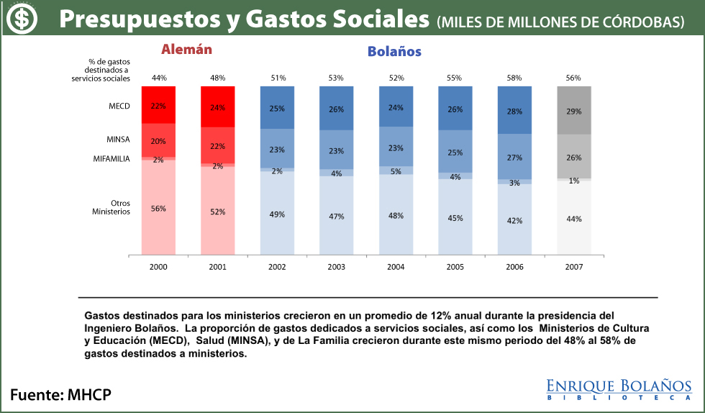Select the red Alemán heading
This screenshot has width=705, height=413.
[x=187, y=50]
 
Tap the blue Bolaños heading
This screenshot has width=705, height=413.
[x=394, y=51]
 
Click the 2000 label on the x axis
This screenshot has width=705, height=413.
[x=158, y=266]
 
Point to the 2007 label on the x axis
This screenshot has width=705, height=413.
[x=573, y=266]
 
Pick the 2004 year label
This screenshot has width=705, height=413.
[x=396, y=266]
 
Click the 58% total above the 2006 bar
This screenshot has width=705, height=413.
[x=514, y=78]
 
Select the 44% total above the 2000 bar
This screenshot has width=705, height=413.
[x=158, y=78]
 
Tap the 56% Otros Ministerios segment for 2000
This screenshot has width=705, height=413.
[x=158, y=208]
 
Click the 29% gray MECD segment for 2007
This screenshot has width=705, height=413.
[x=573, y=111]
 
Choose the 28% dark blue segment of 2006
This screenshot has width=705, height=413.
[x=514, y=111]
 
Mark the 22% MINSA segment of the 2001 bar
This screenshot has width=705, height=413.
[x=217, y=146]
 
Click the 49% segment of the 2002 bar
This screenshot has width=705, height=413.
[x=277, y=214]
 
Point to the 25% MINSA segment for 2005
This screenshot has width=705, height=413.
[x=455, y=152]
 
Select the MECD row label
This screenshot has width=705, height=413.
[x=119, y=106]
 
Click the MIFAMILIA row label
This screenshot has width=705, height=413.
[x=112, y=158]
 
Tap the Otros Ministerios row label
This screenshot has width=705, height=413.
[x=111, y=207]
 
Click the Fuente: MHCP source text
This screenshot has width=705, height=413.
[x=60, y=394]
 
